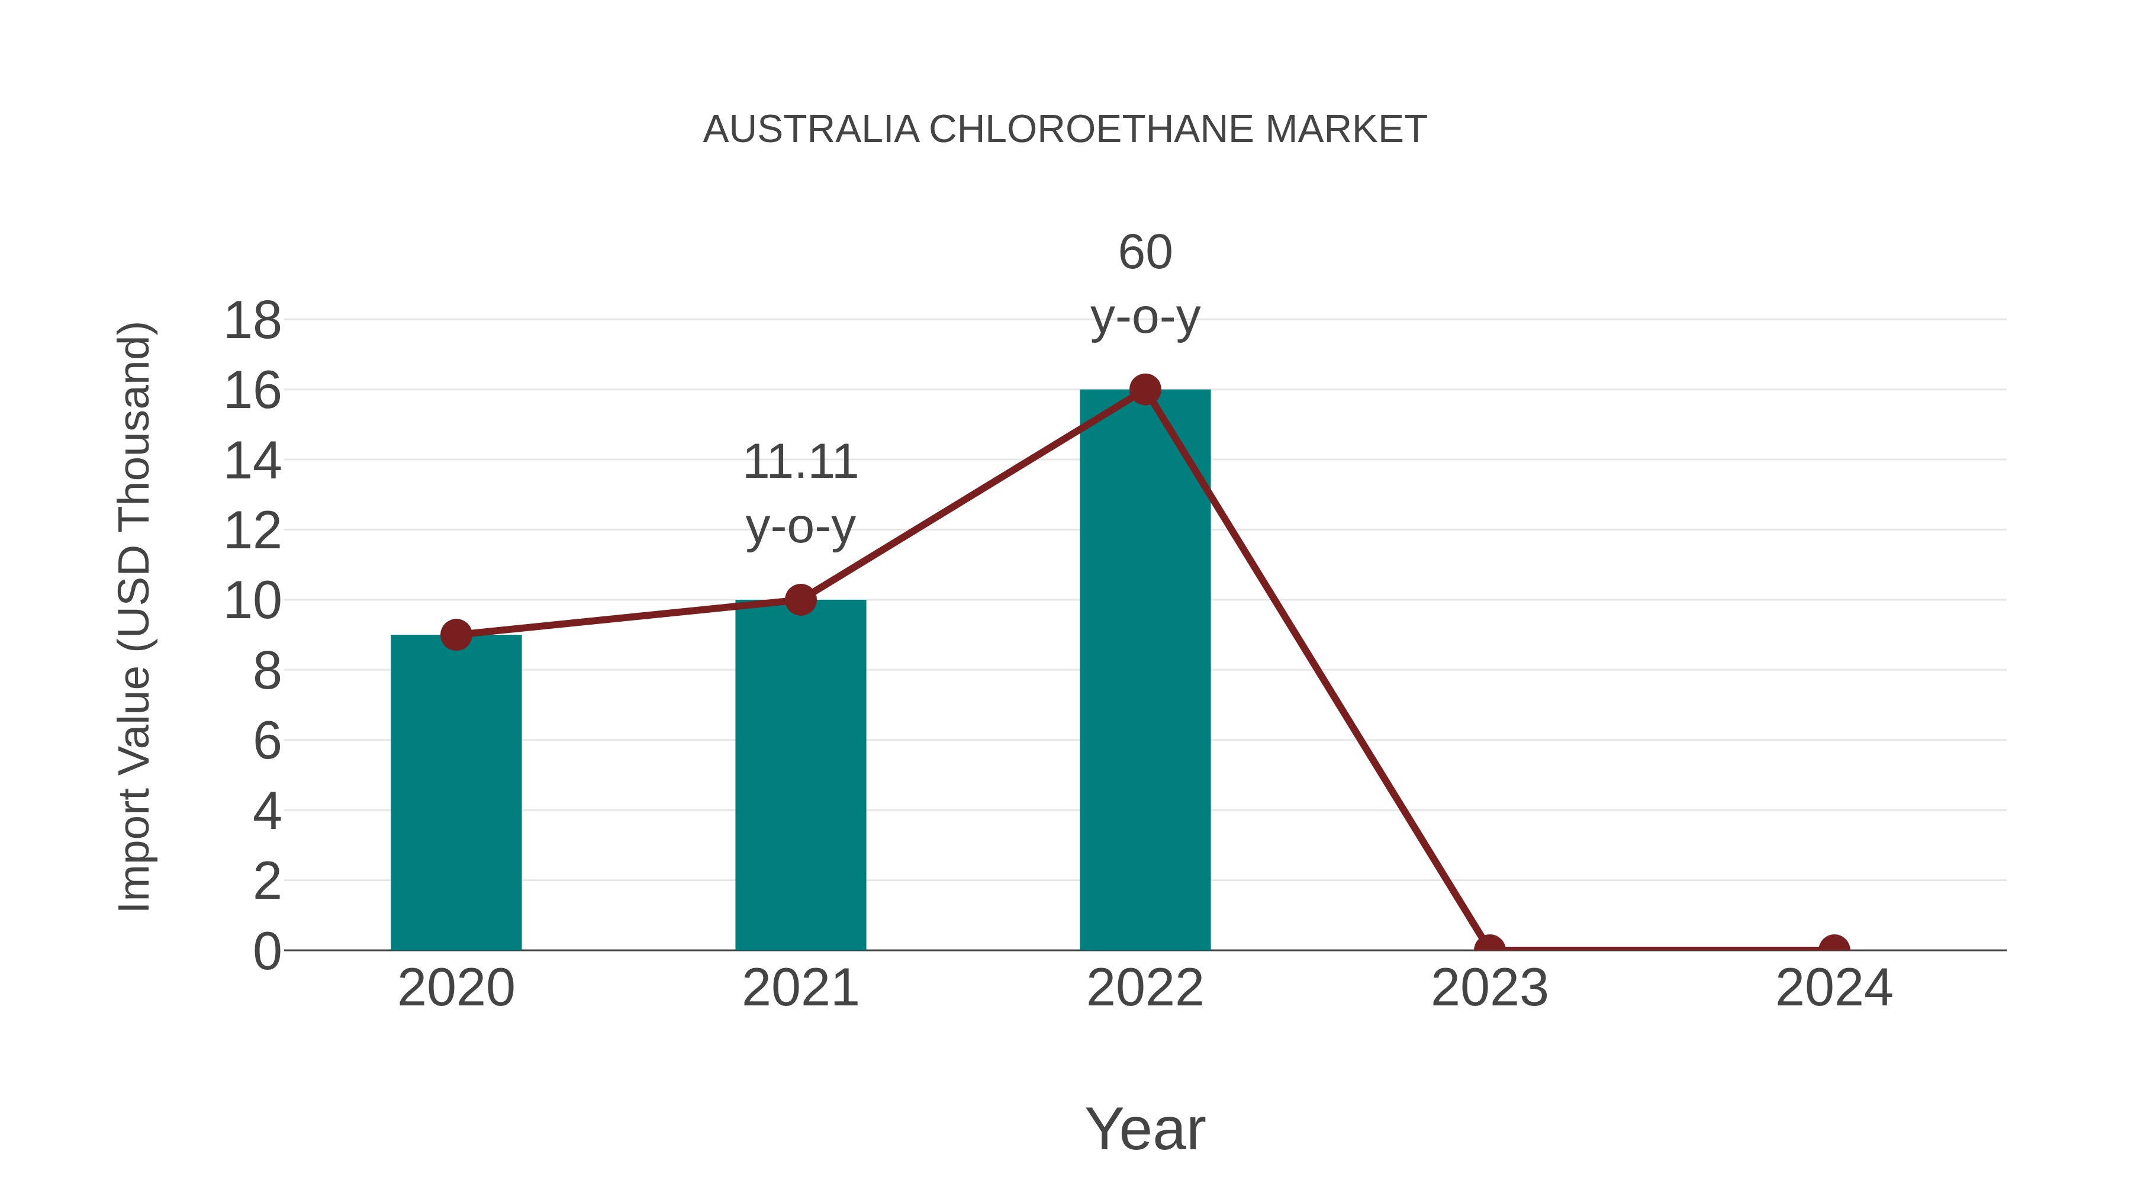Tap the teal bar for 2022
pos(1144,670)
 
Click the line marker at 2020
pos(456,635)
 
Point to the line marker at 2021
pos(800,600)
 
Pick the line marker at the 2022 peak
pos(1144,389)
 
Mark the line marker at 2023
pos(1489,949)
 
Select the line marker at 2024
pos(1834,949)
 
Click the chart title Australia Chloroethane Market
pos(1065,130)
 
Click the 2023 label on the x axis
pos(1489,988)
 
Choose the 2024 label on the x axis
pos(1834,988)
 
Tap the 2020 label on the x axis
pos(456,988)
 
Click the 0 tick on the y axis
pos(266,952)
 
